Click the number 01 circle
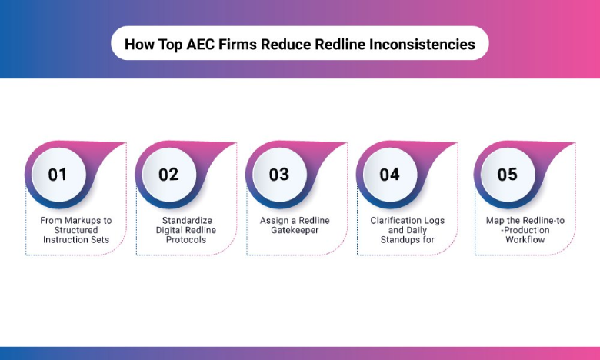(58, 175)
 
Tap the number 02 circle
(168, 175)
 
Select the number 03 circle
(279, 175)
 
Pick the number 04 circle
(390, 175)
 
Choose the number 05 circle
(507, 175)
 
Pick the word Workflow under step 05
(525, 239)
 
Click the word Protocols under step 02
(186, 239)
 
